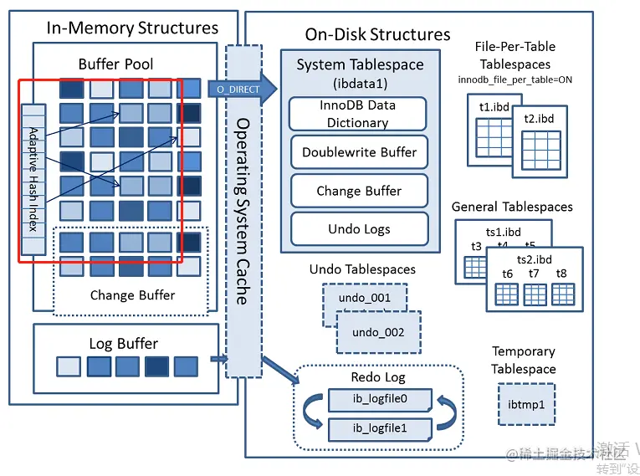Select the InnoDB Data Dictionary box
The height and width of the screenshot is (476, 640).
coord(357,114)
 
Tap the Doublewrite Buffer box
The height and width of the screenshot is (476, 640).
coord(359,152)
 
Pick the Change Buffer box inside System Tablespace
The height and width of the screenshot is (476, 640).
coord(359,191)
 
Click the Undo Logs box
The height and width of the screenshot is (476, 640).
coord(359,228)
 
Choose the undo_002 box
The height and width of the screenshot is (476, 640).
coord(377,332)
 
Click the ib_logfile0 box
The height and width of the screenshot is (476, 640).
coord(379,400)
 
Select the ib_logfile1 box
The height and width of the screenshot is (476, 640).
coord(379,429)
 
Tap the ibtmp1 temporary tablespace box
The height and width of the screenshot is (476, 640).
coord(526,405)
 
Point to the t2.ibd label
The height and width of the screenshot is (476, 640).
coord(539,119)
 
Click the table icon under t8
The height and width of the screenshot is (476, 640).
coord(561,294)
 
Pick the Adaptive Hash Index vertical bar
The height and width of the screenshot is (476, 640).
coord(33,179)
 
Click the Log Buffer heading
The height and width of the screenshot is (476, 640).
coord(123,343)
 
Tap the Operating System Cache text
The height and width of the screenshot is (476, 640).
coord(242,209)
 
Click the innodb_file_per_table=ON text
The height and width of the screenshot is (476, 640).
coord(515,79)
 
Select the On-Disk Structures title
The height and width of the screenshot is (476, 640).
coord(377,34)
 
